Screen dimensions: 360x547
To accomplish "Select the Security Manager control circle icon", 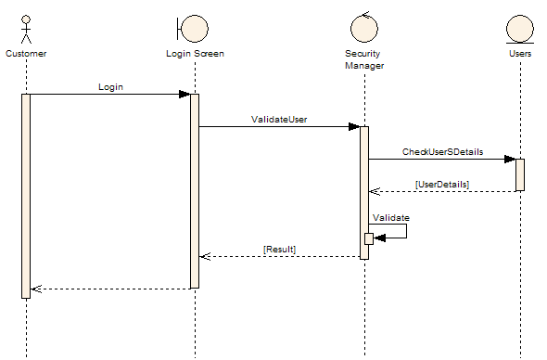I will (364, 28).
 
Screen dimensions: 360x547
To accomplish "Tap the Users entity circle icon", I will (520, 29).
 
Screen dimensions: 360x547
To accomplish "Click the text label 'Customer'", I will (26, 54).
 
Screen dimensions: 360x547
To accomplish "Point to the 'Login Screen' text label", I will (195, 54).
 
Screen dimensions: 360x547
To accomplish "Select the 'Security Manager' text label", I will (364, 59).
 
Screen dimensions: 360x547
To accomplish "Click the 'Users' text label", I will (520, 54).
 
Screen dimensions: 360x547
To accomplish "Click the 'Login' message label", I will (110, 86).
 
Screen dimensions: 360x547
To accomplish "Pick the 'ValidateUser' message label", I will (279, 119).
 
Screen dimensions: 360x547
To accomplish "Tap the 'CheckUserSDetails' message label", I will (442, 151).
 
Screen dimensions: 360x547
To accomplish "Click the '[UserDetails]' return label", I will (442, 184).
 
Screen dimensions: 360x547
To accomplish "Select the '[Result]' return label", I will (279, 250).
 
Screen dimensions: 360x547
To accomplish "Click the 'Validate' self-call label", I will (390, 217).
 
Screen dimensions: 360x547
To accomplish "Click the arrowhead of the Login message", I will (184, 94).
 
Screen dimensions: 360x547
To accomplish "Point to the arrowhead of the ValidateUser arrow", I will (354, 126).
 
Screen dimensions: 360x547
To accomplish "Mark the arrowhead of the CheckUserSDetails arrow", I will (510, 159).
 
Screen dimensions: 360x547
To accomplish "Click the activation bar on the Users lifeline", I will (520, 174).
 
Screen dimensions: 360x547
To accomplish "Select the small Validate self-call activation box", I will (369, 238).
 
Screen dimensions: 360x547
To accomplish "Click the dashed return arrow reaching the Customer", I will (111, 289).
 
